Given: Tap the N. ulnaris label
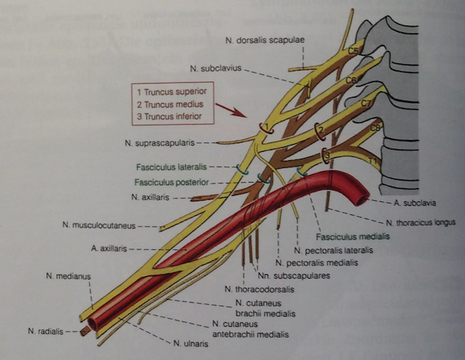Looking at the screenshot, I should point(191,341).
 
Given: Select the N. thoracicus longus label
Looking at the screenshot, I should point(413,221).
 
